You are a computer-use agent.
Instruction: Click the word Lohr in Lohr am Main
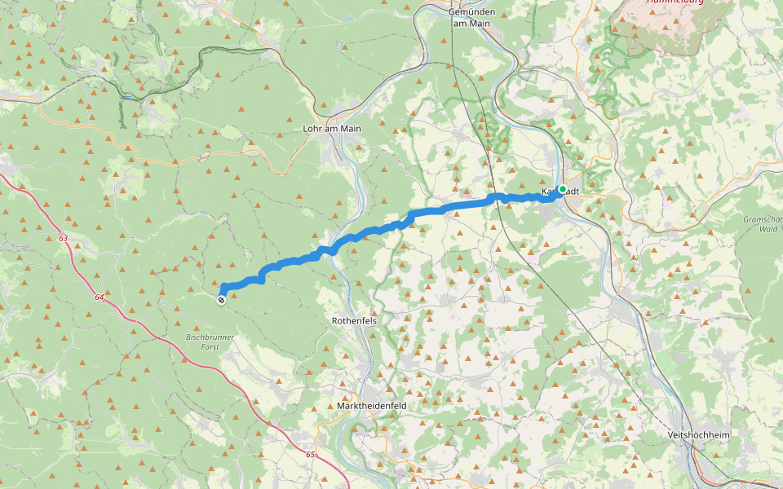[x=312, y=129]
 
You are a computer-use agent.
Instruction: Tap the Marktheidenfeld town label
[x=371, y=405]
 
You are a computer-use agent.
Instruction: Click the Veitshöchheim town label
[x=697, y=435]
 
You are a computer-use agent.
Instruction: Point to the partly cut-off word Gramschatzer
[x=763, y=219]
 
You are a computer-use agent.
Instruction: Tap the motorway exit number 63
[x=64, y=238]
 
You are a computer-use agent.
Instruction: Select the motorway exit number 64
[x=99, y=297]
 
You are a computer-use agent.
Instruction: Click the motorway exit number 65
[x=310, y=453]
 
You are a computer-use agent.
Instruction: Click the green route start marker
[x=562, y=189]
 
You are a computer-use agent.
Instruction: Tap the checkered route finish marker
[x=221, y=300]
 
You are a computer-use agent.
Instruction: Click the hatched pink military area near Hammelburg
[x=669, y=24]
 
